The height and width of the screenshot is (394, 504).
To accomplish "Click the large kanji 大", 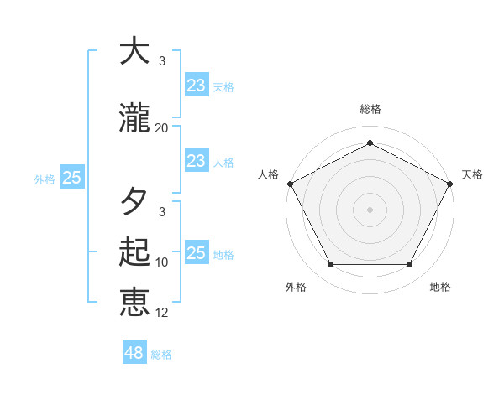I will coord(134,52).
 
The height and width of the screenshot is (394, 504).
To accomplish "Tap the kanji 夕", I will coord(134,202).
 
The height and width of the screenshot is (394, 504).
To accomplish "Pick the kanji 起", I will coord(134,252).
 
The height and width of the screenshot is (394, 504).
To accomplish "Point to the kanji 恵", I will coord(134,303).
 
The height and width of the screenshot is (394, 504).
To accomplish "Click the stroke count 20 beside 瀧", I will coord(162,128).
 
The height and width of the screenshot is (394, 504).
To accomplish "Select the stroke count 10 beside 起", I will coord(162,262).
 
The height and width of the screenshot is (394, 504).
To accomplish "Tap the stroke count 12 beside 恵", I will coord(162,313).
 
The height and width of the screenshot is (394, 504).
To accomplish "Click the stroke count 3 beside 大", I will coord(162,61).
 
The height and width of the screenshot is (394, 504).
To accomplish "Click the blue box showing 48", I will coord(134,353).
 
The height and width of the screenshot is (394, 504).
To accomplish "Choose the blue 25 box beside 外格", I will coord(71,178).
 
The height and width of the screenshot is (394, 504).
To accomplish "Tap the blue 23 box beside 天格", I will coord(196,86).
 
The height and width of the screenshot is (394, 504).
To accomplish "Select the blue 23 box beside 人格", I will coord(196,161).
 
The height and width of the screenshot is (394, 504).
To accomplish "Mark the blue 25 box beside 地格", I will coord(196,253).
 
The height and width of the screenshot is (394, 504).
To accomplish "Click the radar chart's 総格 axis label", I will coord(370,109).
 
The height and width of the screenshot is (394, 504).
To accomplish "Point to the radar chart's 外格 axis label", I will coord(296,287).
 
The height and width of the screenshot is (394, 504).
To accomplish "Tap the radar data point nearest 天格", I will coord(450,183).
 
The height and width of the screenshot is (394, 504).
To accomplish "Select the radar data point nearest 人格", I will coord(290,183).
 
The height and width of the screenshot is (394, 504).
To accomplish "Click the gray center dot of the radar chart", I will coord(370,209).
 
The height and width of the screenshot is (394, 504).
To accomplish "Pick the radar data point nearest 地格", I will coord(410,265).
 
